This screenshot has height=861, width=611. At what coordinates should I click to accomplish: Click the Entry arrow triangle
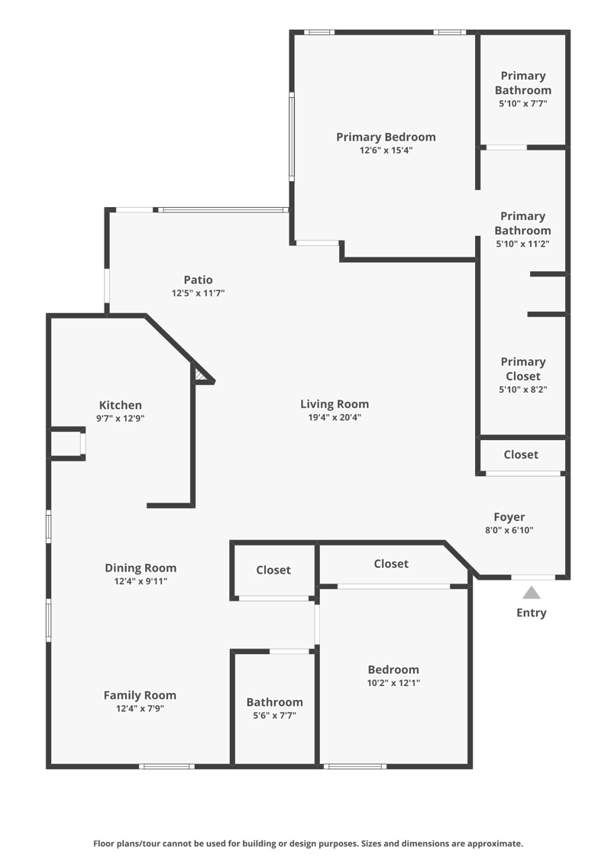click(531, 593)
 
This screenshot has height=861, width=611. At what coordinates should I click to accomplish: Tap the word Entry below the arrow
click(532, 613)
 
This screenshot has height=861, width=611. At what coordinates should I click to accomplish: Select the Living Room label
click(335, 404)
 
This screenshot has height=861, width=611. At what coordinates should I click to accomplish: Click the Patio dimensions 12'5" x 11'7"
click(198, 293)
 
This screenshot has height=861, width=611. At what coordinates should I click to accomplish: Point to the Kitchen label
click(120, 405)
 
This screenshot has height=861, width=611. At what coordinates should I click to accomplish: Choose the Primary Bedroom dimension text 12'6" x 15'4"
click(386, 151)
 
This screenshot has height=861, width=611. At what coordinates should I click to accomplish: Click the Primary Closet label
click(523, 369)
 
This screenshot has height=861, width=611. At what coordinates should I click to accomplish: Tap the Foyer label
click(509, 517)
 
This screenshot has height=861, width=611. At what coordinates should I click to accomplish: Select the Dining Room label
click(141, 568)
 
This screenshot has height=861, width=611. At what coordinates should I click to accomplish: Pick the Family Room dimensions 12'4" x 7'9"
click(140, 708)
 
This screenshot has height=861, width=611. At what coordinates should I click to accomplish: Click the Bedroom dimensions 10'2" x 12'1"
click(393, 683)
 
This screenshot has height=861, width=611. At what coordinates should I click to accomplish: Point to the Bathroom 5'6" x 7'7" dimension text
click(274, 716)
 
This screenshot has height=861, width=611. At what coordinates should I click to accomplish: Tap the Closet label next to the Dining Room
click(273, 570)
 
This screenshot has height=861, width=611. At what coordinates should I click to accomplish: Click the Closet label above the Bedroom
click(391, 564)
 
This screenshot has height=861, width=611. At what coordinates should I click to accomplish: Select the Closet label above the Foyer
click(521, 455)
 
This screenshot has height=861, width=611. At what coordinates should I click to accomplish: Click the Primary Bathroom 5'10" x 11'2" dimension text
click(522, 244)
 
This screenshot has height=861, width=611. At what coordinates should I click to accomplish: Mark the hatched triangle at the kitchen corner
click(202, 374)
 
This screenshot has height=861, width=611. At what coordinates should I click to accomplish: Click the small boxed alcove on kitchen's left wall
click(68, 443)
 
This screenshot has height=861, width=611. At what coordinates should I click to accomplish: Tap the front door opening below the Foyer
click(533, 577)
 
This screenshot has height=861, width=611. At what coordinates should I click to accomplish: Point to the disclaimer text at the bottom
click(308, 843)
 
